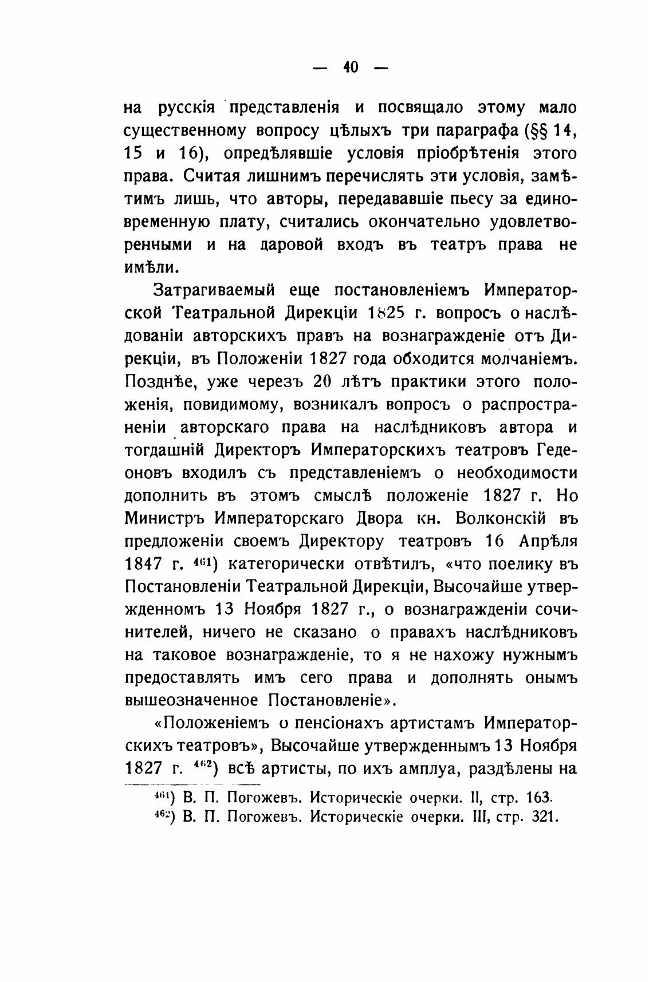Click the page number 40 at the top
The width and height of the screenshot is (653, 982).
point(351,68)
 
